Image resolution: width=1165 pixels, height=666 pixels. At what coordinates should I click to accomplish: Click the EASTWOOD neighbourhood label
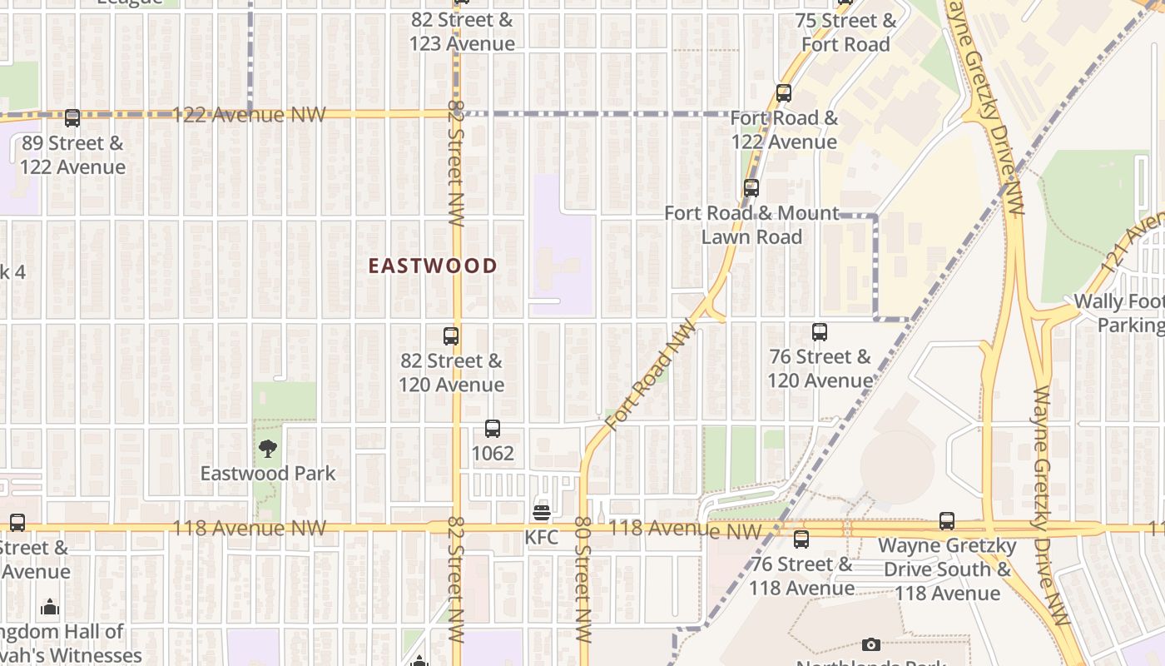pos(433,266)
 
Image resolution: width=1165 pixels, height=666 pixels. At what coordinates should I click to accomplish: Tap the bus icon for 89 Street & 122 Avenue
pos(72,118)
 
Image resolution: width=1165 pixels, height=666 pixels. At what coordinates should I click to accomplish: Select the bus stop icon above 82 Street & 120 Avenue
pos(451,336)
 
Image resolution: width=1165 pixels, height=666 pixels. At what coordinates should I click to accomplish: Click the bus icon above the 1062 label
pos(493,429)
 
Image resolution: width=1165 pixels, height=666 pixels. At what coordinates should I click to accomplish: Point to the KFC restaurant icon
pos(542,512)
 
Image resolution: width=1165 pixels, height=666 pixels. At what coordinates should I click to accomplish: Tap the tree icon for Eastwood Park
pos(267,450)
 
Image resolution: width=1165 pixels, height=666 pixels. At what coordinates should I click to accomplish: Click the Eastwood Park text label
pos(268,474)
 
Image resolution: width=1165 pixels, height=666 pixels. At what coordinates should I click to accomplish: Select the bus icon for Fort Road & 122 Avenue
pos(784,93)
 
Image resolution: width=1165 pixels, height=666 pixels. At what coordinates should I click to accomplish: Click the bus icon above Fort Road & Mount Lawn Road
pos(751,188)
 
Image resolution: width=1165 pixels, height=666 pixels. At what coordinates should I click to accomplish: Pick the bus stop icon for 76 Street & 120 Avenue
pos(820,332)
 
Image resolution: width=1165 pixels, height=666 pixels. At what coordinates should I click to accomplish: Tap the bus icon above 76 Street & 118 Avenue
pos(801,539)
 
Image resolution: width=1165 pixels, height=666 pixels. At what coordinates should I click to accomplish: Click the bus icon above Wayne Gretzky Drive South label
pos(947,521)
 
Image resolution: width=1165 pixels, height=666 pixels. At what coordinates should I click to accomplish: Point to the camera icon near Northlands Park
pos(871,644)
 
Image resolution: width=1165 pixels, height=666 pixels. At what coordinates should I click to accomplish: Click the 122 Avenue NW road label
pos(250,115)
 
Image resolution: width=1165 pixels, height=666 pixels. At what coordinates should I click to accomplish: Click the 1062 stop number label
pos(493,454)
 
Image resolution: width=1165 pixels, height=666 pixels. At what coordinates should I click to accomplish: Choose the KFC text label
pos(542,538)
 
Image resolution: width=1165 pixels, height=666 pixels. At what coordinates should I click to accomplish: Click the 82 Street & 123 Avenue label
pos(462,32)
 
